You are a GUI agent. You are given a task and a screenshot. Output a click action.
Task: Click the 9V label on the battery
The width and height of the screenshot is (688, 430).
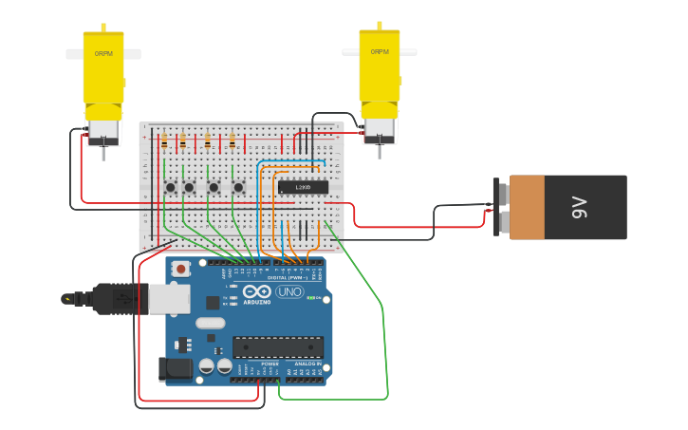tap(580, 207)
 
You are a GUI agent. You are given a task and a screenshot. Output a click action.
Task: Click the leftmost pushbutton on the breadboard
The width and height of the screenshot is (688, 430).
tap(170, 187)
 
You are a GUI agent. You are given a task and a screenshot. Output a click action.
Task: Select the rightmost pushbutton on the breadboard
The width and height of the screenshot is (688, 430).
tap(237, 187)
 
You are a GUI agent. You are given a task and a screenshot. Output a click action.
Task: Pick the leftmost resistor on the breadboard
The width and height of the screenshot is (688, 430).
tap(164, 141)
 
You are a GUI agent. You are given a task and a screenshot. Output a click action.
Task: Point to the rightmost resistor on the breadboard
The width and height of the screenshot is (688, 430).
tap(232, 141)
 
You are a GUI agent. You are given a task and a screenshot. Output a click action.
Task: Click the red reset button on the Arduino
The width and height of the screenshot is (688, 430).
tap(179, 270)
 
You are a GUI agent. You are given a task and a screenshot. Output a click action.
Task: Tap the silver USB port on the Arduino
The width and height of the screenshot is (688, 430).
tap(169, 298)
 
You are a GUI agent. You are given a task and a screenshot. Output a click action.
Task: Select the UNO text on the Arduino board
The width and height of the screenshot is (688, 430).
tap(289, 291)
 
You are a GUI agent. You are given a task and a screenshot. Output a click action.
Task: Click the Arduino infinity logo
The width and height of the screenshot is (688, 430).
tap(257, 291)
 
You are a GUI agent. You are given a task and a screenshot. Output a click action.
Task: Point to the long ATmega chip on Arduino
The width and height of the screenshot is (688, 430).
tap(278, 346)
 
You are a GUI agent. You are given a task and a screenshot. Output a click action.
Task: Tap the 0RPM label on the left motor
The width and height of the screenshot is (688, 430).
tap(102, 54)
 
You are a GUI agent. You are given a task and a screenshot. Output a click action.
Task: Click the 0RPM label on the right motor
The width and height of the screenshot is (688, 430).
tap(380, 52)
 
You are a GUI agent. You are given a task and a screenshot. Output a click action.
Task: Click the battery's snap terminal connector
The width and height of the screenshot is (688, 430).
tap(501, 206)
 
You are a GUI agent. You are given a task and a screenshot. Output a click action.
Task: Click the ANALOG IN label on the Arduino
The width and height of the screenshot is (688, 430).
tap(305, 364)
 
